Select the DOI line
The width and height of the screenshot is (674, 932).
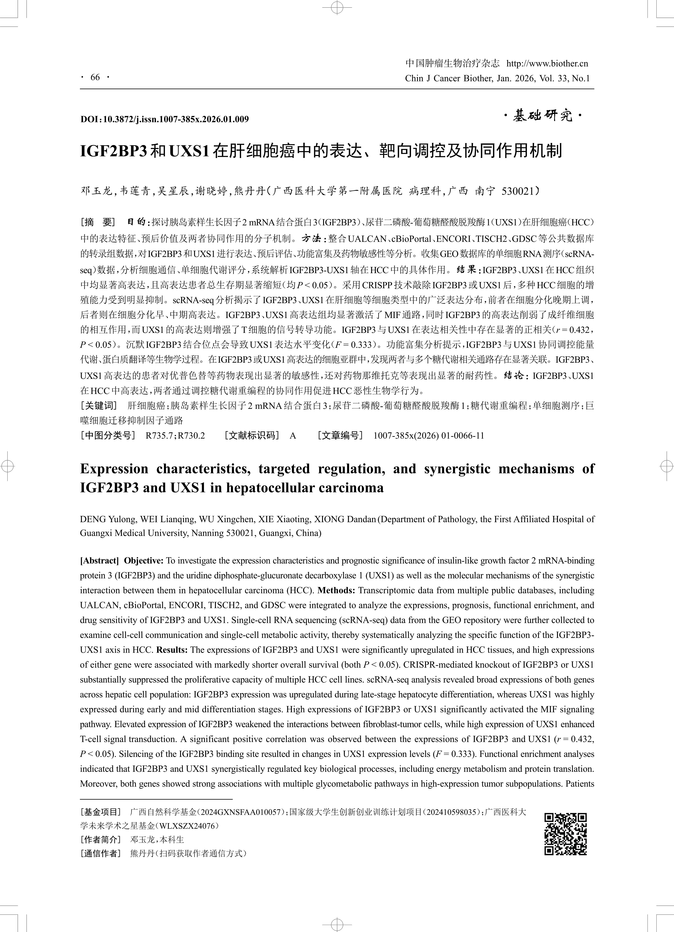[x=164, y=119]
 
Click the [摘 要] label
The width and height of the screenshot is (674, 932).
[x=97, y=222]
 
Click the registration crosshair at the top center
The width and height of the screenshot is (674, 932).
[x=337, y=7]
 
